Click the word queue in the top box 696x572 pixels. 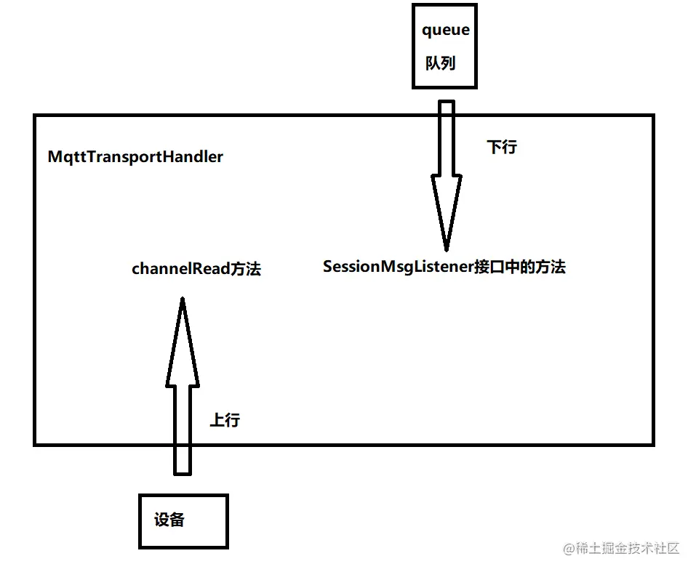pyautogui.click(x=446, y=31)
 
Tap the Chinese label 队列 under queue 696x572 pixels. pyautogui.click(x=440, y=63)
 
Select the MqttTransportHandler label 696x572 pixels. pyautogui.click(x=135, y=156)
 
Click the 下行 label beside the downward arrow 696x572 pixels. pyautogui.click(x=501, y=147)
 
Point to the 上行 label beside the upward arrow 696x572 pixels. pyautogui.click(x=225, y=420)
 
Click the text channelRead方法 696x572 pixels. pyautogui.click(x=196, y=269)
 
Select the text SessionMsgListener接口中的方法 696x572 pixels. pyautogui.click(x=444, y=267)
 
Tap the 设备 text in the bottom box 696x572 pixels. pyautogui.click(x=169, y=520)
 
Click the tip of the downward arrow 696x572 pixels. pyautogui.click(x=446, y=249)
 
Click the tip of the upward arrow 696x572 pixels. pyautogui.click(x=182, y=299)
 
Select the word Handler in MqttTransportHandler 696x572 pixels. pyautogui.click(x=196, y=156)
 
